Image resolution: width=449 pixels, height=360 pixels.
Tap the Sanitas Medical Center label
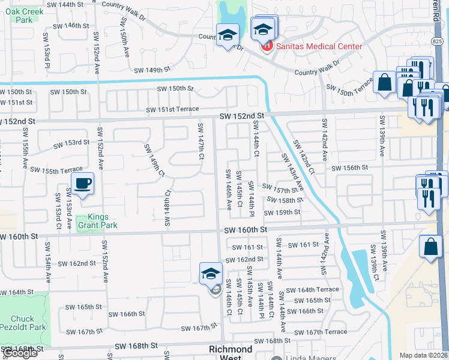(x=318, y=46)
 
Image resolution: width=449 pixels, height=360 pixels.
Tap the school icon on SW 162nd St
(x=211, y=274)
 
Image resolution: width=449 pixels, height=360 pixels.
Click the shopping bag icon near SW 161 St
(x=431, y=247)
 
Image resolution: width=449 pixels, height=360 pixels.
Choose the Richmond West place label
(x=231, y=353)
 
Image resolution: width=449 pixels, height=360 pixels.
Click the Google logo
(x=20, y=353)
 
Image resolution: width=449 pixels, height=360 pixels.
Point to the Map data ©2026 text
(x=423, y=355)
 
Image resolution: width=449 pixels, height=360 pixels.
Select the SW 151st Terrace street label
(x=173, y=109)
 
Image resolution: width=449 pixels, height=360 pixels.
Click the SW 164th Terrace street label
(x=312, y=290)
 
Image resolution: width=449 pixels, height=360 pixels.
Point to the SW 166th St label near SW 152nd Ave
(x=121, y=314)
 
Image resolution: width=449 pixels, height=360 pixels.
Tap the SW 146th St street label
(x=71, y=26)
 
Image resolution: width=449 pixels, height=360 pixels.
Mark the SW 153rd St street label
(x=71, y=143)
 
